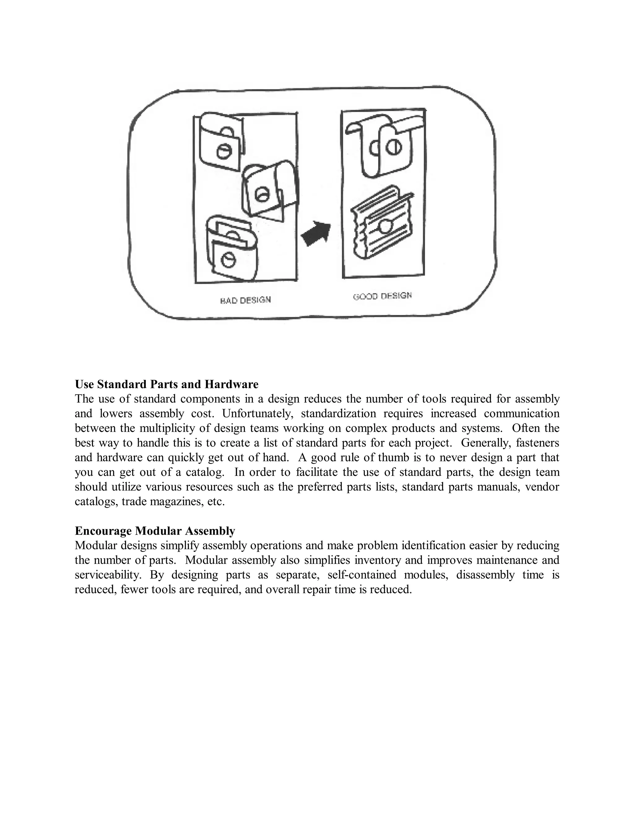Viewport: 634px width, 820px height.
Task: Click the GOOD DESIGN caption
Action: coord(382,296)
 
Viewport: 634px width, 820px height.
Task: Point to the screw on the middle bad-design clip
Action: coord(260,195)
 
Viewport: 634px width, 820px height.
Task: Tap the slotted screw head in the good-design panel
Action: coord(392,147)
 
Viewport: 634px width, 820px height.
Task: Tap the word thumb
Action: coord(394,457)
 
